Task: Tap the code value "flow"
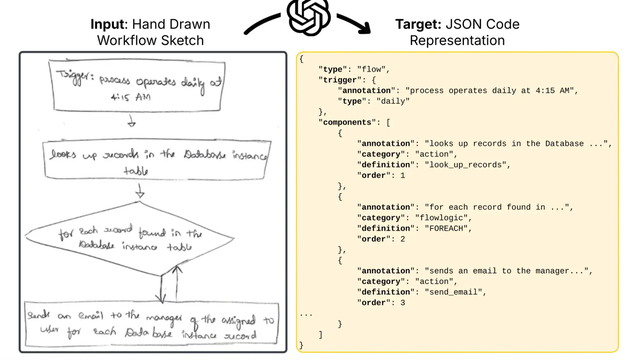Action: (375, 69)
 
